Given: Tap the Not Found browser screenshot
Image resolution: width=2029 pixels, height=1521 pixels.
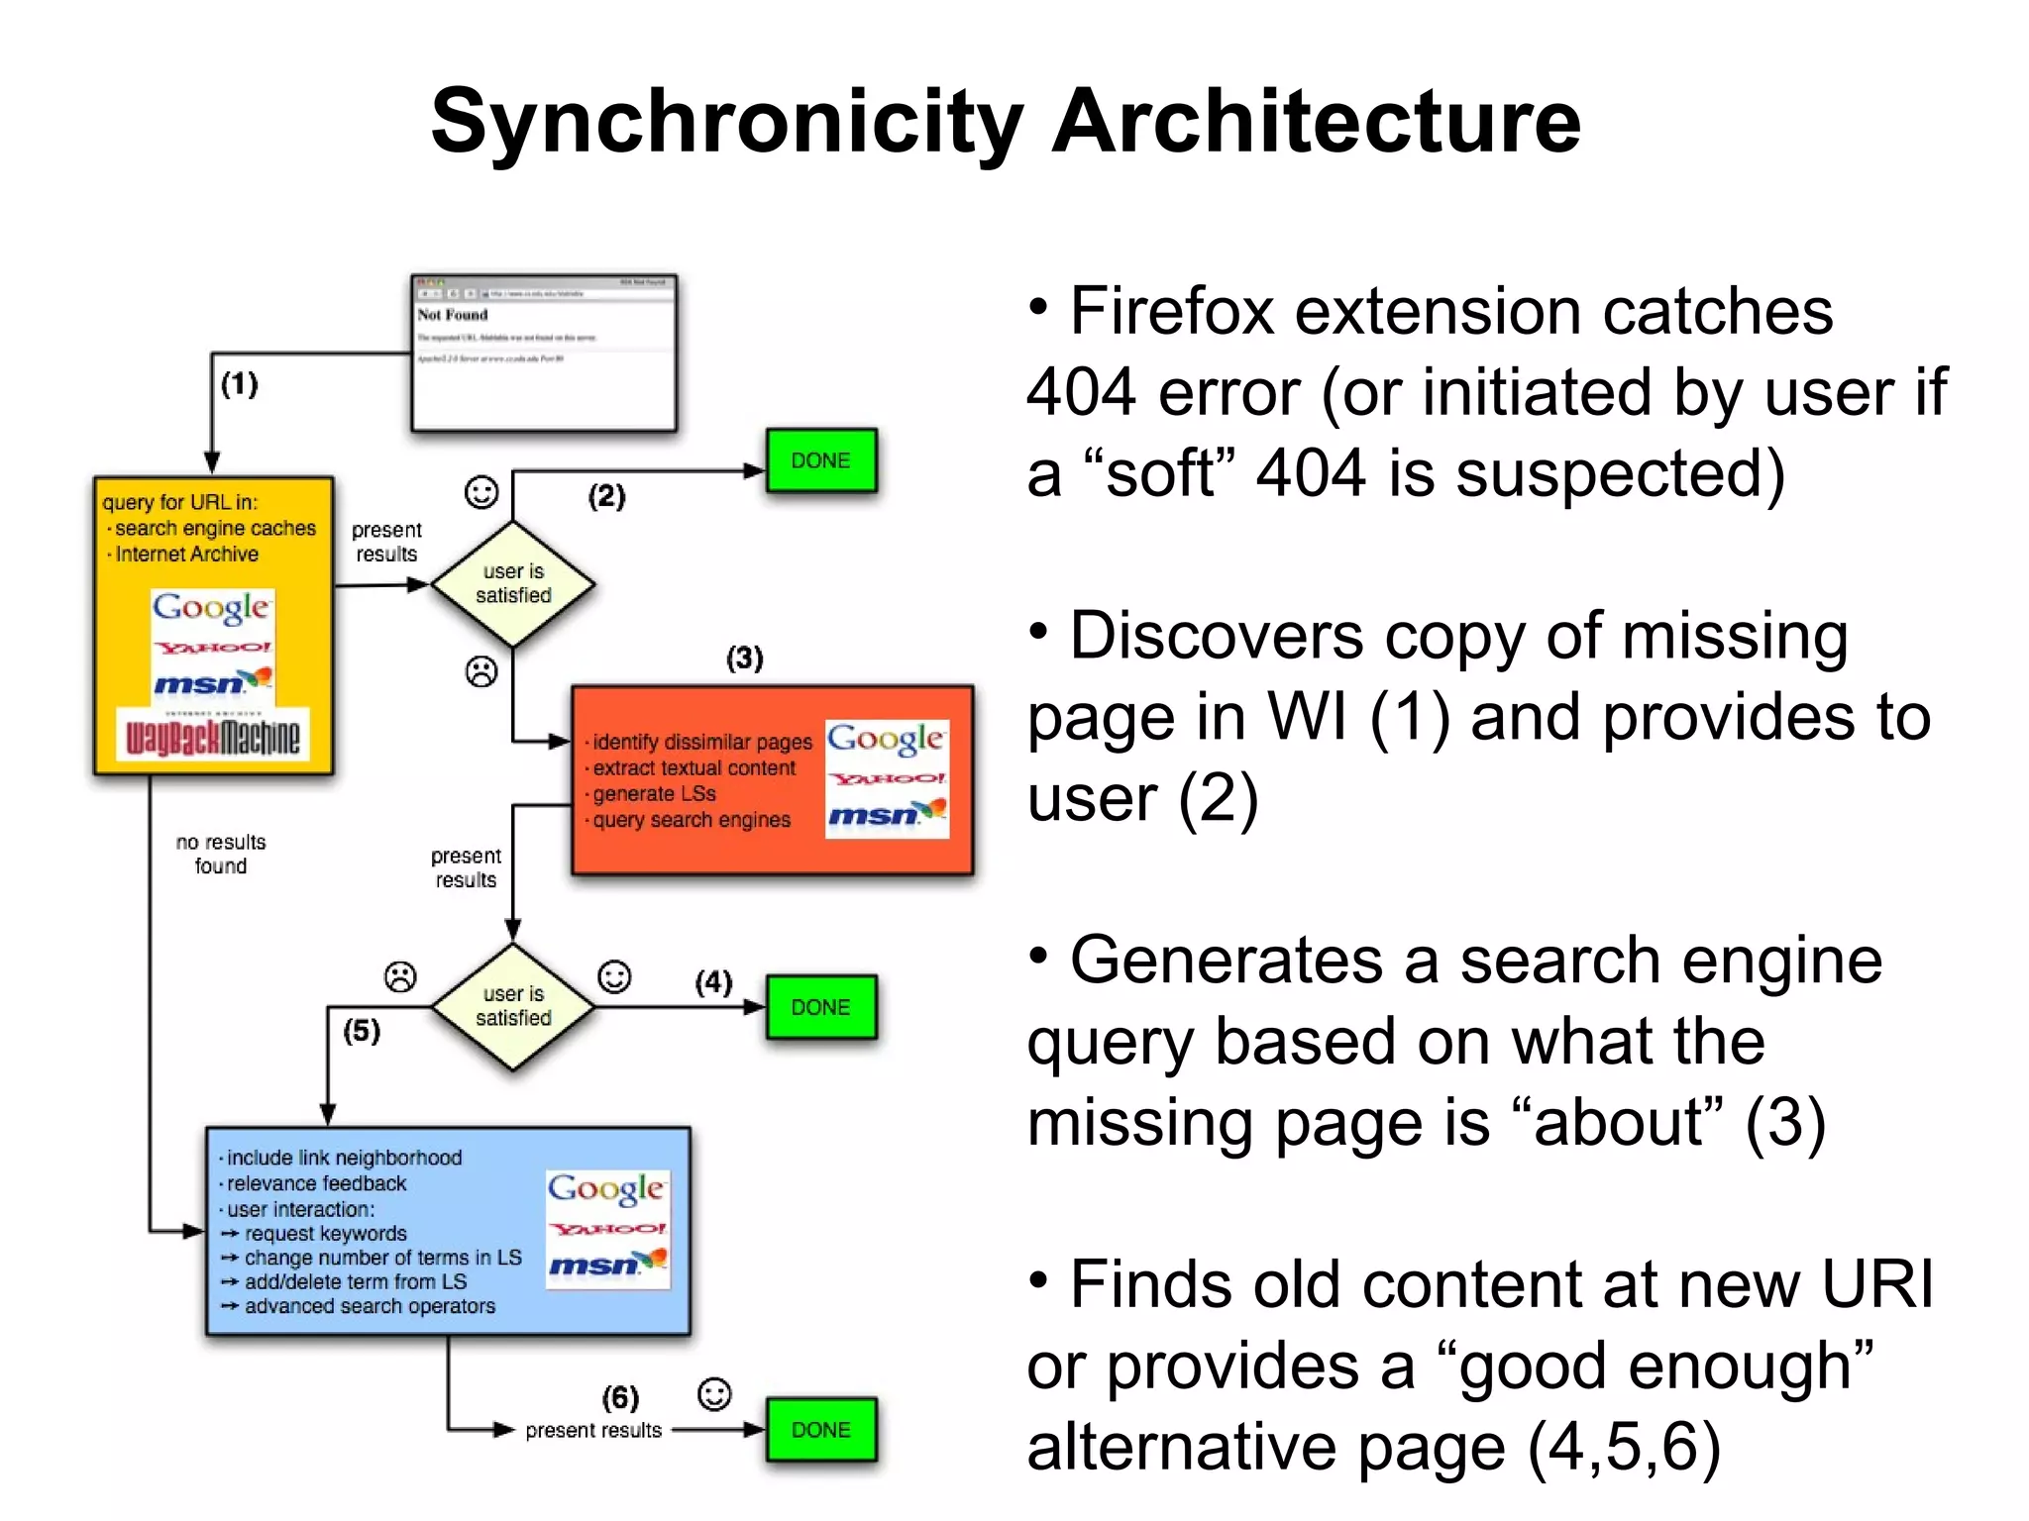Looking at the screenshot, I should (544, 354).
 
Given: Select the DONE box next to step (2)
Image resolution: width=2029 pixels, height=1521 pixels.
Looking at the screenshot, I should (820, 460).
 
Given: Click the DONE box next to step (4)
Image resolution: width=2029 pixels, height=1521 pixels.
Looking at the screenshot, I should (820, 1007).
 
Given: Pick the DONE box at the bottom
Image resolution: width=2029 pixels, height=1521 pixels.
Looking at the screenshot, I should (820, 1430).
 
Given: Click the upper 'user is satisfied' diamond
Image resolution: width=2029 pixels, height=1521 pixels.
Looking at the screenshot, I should (513, 584).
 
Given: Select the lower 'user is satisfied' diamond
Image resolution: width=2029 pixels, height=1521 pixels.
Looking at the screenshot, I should (513, 1006).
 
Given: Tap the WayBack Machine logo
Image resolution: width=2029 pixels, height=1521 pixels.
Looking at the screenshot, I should (212, 736).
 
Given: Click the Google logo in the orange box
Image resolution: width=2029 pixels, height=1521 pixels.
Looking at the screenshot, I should (885, 740).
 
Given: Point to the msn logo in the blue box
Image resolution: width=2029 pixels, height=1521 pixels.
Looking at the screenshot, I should (607, 1265).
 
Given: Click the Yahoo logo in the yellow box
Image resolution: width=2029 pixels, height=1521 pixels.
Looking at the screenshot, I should (212, 648).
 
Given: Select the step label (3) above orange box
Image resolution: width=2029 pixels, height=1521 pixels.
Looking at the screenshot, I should (744, 658).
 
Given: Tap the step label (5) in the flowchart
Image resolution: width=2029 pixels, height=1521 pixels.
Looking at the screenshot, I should (362, 1031).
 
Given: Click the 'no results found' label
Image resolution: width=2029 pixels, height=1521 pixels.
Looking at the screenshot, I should (221, 854).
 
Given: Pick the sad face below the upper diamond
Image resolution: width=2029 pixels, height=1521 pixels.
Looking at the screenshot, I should (481, 672).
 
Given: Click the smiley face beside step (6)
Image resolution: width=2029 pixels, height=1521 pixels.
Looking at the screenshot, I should (714, 1394).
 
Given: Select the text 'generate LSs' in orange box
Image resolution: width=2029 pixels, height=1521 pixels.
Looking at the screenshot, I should (654, 794).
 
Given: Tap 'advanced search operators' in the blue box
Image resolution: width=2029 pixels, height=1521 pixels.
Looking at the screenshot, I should (370, 1306).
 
